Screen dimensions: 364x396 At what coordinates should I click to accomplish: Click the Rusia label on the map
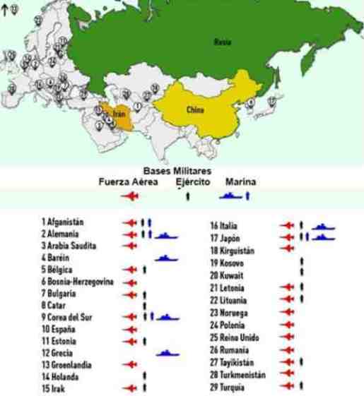(221, 42)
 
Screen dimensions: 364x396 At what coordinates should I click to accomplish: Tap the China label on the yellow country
(195, 110)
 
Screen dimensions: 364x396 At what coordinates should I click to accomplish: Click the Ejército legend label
(194, 181)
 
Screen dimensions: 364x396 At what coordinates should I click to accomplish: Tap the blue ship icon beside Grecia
(167, 352)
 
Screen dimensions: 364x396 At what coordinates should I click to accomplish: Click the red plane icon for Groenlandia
(129, 364)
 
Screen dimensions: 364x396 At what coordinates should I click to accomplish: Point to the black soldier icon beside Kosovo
(302, 261)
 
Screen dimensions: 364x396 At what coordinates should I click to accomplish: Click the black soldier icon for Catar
(144, 305)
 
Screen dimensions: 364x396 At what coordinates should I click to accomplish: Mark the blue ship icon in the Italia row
(323, 226)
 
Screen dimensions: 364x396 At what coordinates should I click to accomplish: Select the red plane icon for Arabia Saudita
(129, 245)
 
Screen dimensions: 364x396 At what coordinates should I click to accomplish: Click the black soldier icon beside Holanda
(144, 376)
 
